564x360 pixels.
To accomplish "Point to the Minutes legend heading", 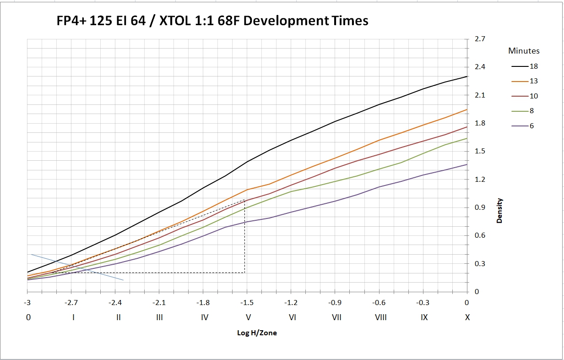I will pyautogui.click(x=524, y=51).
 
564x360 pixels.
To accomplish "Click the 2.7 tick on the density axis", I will pyautogui.click(x=479, y=39).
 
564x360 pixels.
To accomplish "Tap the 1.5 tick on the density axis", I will pyautogui.click(x=479, y=152).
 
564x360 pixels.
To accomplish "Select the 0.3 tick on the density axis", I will pyautogui.click(x=479, y=264).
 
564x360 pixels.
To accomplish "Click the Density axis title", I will pyautogui.click(x=499, y=211).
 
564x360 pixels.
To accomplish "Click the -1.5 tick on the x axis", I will pyautogui.click(x=247, y=303).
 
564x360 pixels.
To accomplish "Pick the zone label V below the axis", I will pyautogui.click(x=248, y=317).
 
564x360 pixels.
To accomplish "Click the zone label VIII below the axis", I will pyautogui.click(x=380, y=317).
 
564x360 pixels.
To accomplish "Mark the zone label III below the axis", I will pyautogui.click(x=159, y=317).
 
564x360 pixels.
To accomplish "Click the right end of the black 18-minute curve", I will pyautogui.click(x=466, y=77).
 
